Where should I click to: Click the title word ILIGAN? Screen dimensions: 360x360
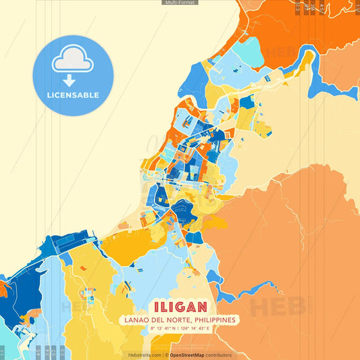(x=180, y=307)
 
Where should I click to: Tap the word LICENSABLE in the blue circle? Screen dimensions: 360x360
(x=72, y=95)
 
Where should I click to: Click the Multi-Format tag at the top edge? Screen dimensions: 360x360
(x=180, y=3)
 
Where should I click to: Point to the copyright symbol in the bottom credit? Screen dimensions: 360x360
(x=166, y=355)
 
